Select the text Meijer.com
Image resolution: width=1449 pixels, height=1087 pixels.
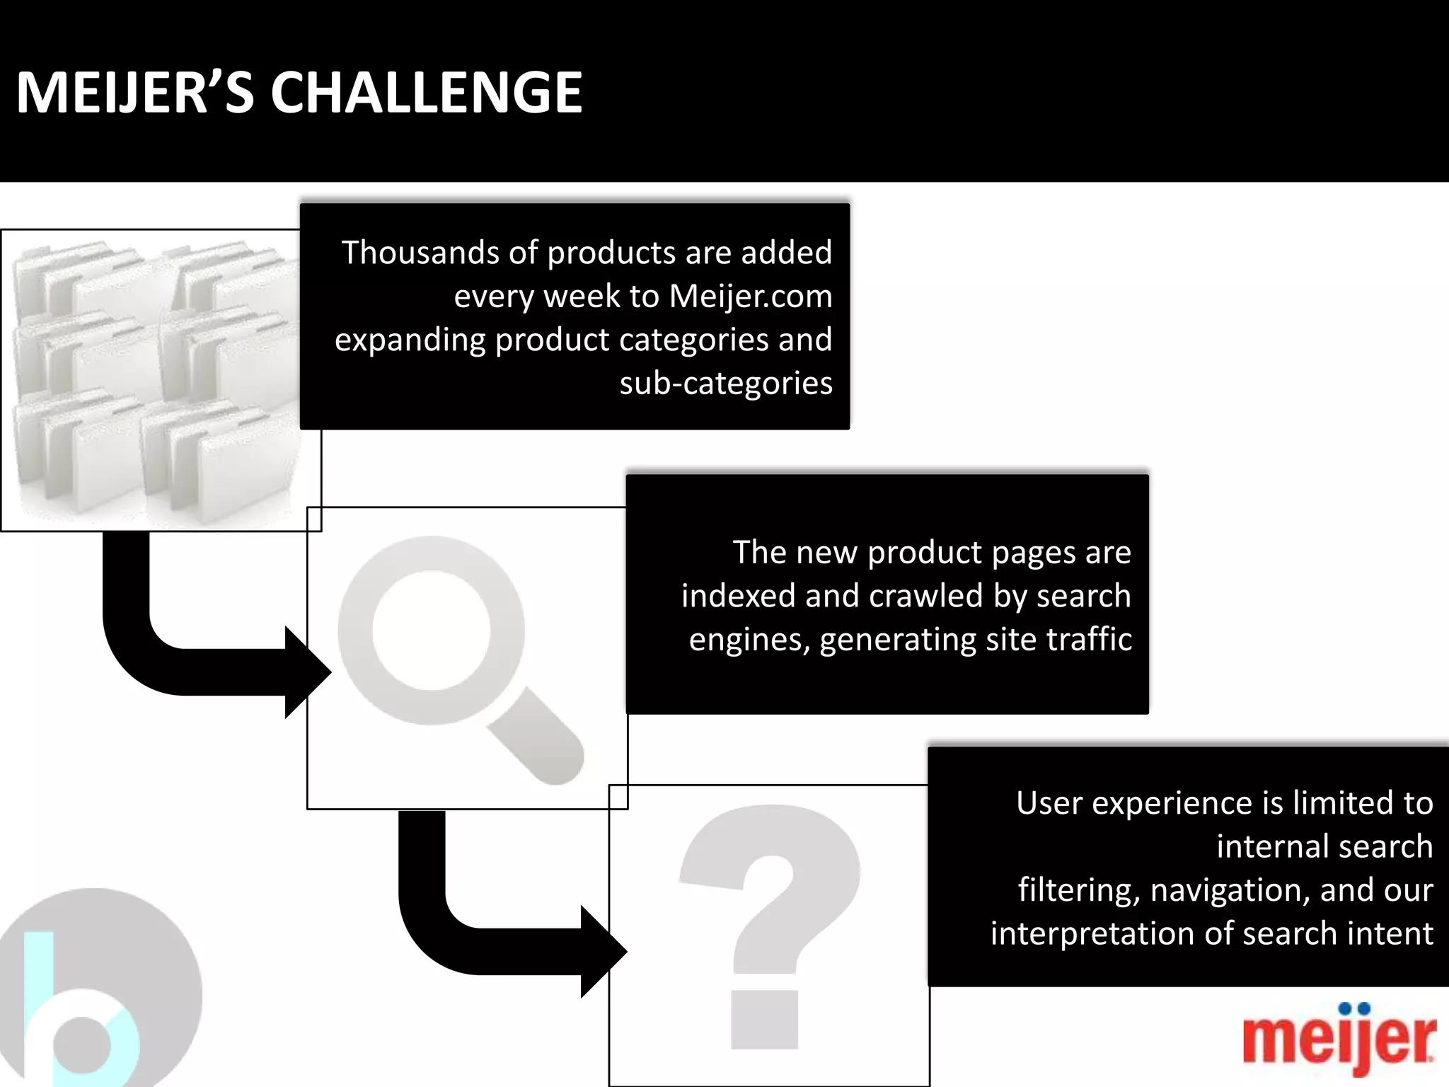(751, 296)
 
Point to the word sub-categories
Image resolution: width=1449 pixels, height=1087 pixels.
(726, 383)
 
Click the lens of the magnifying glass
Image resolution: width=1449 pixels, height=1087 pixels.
(430, 631)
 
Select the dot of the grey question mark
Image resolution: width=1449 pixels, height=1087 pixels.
(764, 1019)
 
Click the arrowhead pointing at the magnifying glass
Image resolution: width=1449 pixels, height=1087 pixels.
(308, 672)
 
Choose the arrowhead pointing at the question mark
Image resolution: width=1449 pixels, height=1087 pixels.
(604, 952)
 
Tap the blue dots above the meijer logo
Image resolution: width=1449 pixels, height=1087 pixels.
(1355, 1008)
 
